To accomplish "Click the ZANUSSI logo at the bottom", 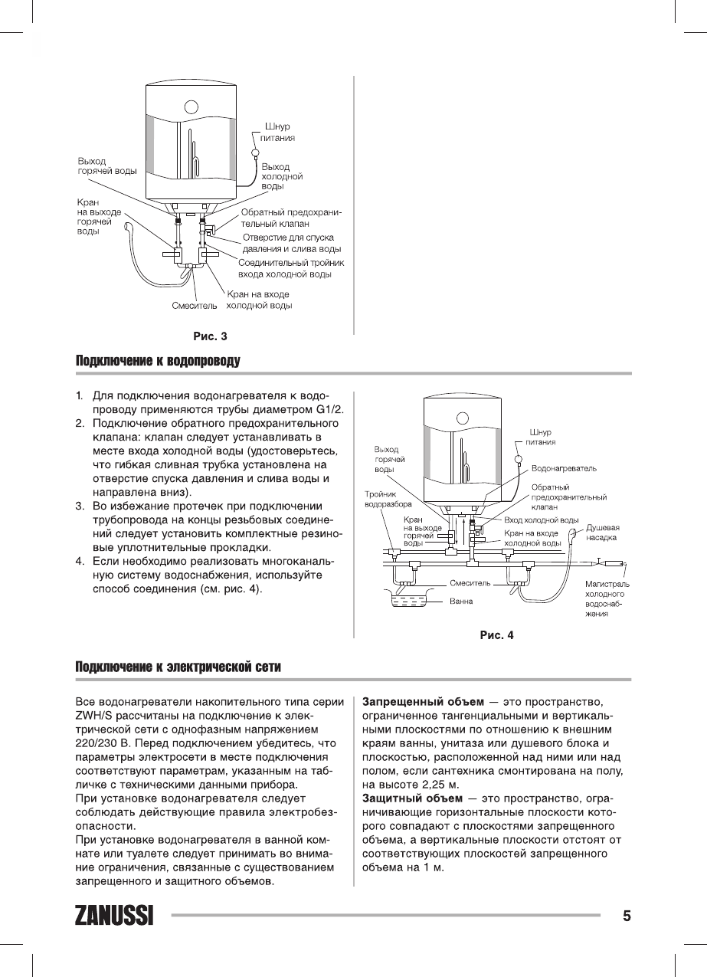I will tap(113, 916).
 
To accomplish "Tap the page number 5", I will tap(627, 916).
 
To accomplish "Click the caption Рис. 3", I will tap(210, 335).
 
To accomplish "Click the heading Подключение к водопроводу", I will tap(158, 361).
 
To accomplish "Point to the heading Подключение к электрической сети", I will tap(178, 667).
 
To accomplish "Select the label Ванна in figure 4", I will tap(460, 602).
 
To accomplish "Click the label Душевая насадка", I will tap(603, 533).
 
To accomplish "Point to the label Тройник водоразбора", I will tap(388, 500).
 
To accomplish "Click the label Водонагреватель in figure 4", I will tap(565, 467).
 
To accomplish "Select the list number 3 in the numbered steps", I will tap(79, 507).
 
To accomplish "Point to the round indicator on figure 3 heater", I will tap(191, 107).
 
